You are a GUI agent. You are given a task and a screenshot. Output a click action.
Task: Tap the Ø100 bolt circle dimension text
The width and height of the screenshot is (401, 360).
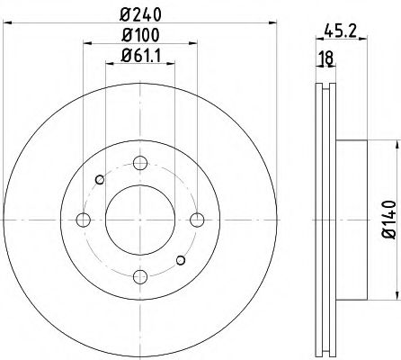click(x=140, y=37)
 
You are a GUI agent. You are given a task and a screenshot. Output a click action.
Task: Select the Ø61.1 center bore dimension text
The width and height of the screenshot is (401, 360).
click(x=140, y=58)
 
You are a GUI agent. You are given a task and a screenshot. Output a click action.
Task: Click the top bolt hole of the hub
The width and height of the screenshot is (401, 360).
click(x=139, y=163)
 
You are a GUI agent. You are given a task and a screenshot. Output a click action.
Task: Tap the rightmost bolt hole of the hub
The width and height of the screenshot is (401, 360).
click(x=197, y=220)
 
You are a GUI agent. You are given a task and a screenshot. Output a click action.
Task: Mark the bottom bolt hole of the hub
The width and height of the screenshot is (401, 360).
click(x=139, y=277)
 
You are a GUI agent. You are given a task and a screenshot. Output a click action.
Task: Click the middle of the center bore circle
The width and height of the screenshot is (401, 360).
click(x=139, y=220)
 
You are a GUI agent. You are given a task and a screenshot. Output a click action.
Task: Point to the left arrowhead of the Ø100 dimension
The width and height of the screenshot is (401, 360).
click(x=85, y=44)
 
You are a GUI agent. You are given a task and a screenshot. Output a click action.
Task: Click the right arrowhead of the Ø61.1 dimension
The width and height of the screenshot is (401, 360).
click(x=172, y=66)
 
